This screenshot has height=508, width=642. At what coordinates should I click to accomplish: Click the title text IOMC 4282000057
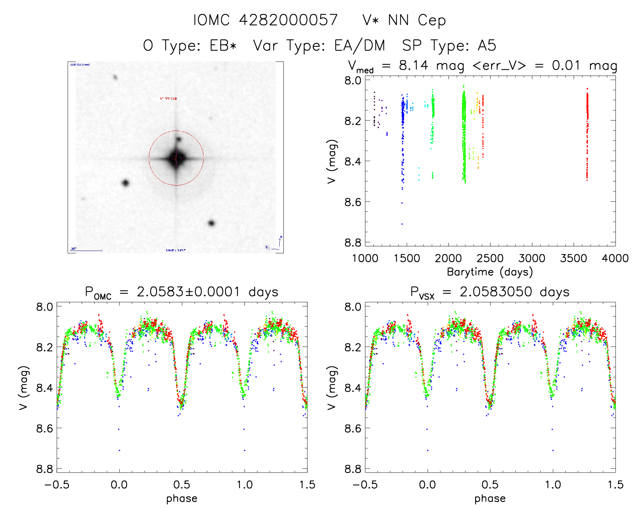click(265, 20)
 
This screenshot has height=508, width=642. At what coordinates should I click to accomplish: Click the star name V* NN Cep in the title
click(404, 20)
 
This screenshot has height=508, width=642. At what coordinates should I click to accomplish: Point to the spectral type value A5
click(487, 45)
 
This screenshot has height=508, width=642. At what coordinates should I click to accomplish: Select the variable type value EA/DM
click(360, 45)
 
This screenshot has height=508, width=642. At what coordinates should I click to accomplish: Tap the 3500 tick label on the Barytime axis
click(573, 258)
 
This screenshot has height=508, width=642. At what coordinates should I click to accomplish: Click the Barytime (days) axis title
click(490, 272)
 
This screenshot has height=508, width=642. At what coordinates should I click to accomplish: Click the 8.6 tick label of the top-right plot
click(353, 202)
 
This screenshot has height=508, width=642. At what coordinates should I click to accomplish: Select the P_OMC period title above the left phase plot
click(181, 292)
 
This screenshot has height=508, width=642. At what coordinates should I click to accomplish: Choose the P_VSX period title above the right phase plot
click(490, 292)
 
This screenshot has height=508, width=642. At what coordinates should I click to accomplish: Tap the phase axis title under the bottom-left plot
click(181, 498)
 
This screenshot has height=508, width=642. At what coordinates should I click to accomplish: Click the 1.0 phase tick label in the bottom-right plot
click(553, 485)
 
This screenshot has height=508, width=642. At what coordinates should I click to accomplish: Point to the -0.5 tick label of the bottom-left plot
click(57, 485)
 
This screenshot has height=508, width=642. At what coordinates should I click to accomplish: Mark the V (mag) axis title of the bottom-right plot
click(332, 388)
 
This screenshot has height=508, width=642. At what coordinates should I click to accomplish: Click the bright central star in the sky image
click(176, 158)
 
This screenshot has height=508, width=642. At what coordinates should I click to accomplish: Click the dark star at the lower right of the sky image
click(211, 223)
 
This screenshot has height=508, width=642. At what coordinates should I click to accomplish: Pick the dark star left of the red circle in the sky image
click(125, 183)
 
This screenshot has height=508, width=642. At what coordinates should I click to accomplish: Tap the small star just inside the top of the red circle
click(178, 139)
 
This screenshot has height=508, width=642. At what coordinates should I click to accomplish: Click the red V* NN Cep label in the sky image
click(168, 99)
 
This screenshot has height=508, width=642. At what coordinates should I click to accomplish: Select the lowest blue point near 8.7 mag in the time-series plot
click(402, 224)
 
